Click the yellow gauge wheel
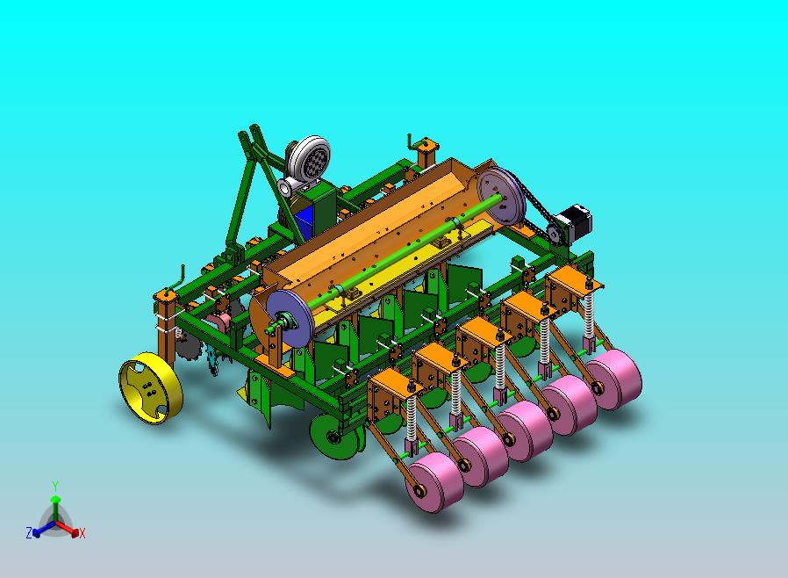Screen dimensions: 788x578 150,388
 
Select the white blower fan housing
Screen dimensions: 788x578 306,161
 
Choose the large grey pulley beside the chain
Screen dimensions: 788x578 500,196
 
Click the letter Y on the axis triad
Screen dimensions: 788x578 55,486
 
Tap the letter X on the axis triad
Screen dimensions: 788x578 82,533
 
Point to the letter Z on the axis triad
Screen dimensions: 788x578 29,532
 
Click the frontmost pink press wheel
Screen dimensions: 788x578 434,482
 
